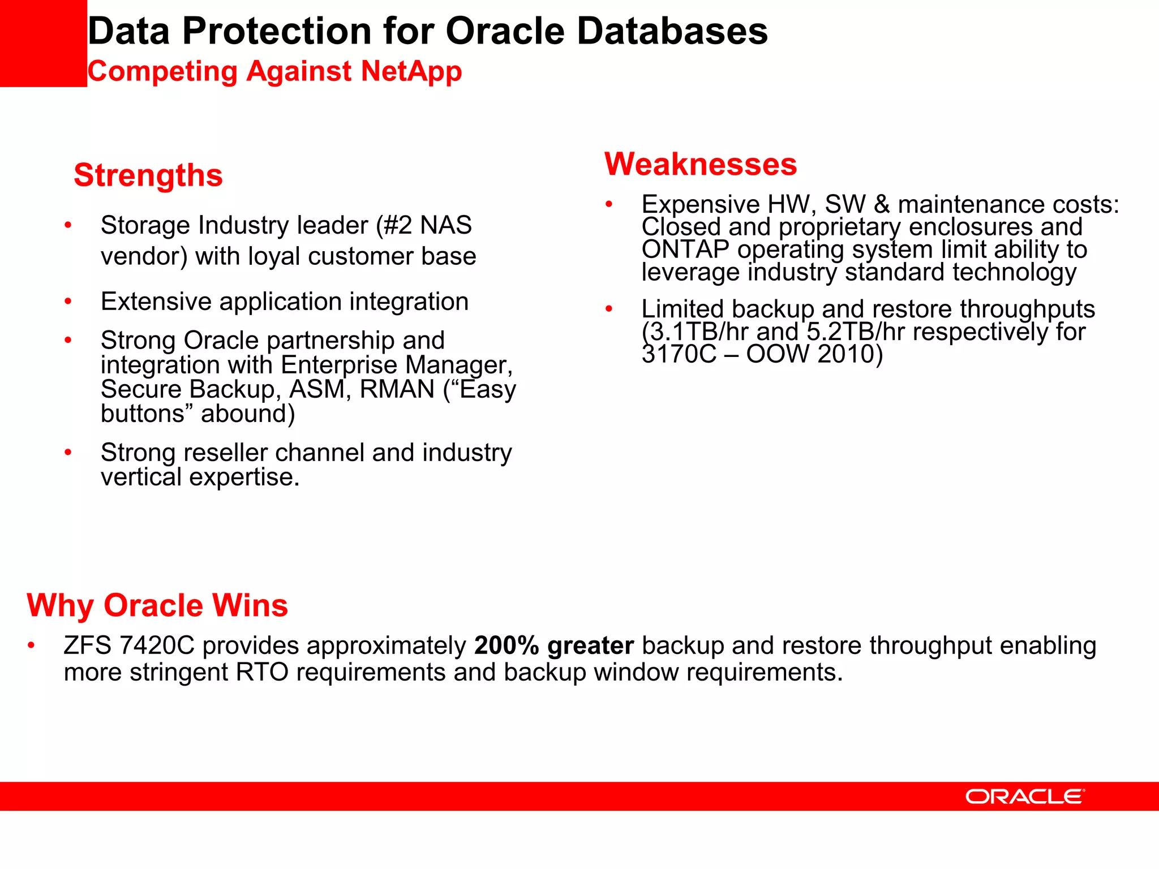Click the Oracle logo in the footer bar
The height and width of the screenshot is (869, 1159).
(x=1024, y=797)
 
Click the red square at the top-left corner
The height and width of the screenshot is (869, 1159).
(x=43, y=43)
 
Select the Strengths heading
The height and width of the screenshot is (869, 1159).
(x=148, y=175)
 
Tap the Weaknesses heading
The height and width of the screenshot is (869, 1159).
(x=701, y=165)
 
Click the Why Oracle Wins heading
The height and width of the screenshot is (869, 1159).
(x=157, y=605)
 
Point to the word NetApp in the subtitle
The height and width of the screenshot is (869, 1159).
(x=411, y=72)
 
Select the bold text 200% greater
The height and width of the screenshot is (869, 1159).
(x=553, y=646)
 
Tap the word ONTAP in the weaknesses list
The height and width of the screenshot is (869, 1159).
(x=685, y=249)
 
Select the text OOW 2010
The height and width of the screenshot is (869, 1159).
(x=809, y=355)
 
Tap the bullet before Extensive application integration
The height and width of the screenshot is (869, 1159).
(x=68, y=302)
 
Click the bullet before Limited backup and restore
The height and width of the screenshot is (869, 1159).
(x=609, y=309)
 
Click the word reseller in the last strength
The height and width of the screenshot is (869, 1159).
(x=225, y=453)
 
